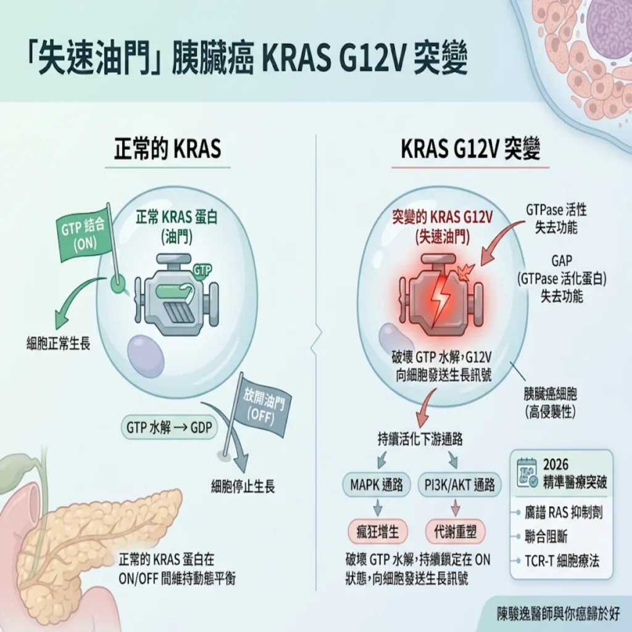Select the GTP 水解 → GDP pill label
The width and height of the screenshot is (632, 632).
[x=169, y=427]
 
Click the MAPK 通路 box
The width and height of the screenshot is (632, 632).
[x=376, y=485]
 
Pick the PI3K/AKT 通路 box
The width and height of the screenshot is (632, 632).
[x=459, y=485]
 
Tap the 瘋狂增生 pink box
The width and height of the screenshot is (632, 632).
[x=377, y=532]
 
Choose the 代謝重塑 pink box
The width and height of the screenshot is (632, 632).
[x=455, y=532]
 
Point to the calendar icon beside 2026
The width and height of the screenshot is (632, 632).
[x=527, y=473]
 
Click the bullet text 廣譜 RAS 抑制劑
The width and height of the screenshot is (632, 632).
[x=563, y=513]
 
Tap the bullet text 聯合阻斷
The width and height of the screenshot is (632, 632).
[x=546, y=537]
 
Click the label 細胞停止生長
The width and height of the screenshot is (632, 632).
[x=243, y=487]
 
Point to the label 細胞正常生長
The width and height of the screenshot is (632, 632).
[x=59, y=344]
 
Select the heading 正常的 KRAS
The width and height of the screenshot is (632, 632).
[x=168, y=149]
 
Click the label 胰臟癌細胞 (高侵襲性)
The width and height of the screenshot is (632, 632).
[x=550, y=403]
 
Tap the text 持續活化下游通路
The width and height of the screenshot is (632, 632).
[x=420, y=439]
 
